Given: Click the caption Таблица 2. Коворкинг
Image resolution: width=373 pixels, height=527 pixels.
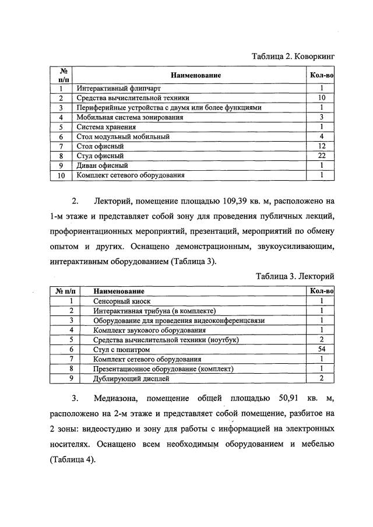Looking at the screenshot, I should (293, 57).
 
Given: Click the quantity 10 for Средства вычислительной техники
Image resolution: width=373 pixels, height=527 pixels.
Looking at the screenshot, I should (321, 98).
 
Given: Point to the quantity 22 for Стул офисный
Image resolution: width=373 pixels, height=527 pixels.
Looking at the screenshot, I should (321, 156).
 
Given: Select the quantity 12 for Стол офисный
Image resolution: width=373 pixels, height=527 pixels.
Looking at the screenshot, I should (321, 146).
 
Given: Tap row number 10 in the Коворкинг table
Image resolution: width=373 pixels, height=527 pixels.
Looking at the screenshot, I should (60, 175).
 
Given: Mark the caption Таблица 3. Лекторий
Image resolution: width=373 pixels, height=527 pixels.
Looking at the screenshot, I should (295, 276).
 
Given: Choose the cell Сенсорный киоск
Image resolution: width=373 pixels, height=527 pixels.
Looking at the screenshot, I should (122, 301).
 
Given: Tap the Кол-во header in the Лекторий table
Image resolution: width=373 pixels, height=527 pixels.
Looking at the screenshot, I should (321, 290).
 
